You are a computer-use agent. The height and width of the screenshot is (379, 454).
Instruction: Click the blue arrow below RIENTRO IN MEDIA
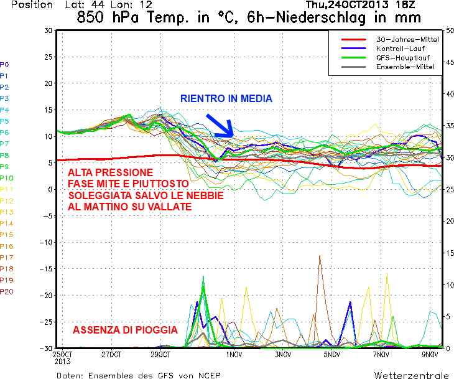tap(220, 126)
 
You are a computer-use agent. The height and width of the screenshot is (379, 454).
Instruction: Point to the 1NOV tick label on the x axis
tap(234, 355)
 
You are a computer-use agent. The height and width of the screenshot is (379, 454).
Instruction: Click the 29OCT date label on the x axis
tap(160, 355)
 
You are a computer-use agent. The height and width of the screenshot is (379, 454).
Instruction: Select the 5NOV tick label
tap(332, 355)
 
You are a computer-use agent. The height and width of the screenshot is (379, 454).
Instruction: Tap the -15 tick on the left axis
tap(46, 269)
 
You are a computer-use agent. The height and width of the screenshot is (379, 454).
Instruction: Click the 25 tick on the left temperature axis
tap(48, 57)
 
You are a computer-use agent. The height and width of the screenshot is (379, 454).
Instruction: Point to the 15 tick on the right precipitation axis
tap(450, 253)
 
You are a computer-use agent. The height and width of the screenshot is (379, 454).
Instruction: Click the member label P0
tap(4, 65)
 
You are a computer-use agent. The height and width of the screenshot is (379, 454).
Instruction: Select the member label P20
tap(7, 292)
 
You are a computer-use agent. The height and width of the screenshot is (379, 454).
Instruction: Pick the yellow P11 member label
tap(7, 189)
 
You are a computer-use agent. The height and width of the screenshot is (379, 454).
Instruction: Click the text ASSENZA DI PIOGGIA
tap(125, 330)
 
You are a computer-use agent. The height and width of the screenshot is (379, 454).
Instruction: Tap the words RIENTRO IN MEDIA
tap(226, 98)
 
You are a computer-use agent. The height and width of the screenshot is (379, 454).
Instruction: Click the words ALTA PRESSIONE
tap(110, 172)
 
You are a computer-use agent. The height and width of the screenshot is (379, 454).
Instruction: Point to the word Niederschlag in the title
tap(320, 17)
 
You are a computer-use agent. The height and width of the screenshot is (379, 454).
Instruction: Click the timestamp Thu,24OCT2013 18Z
tap(361, 4)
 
